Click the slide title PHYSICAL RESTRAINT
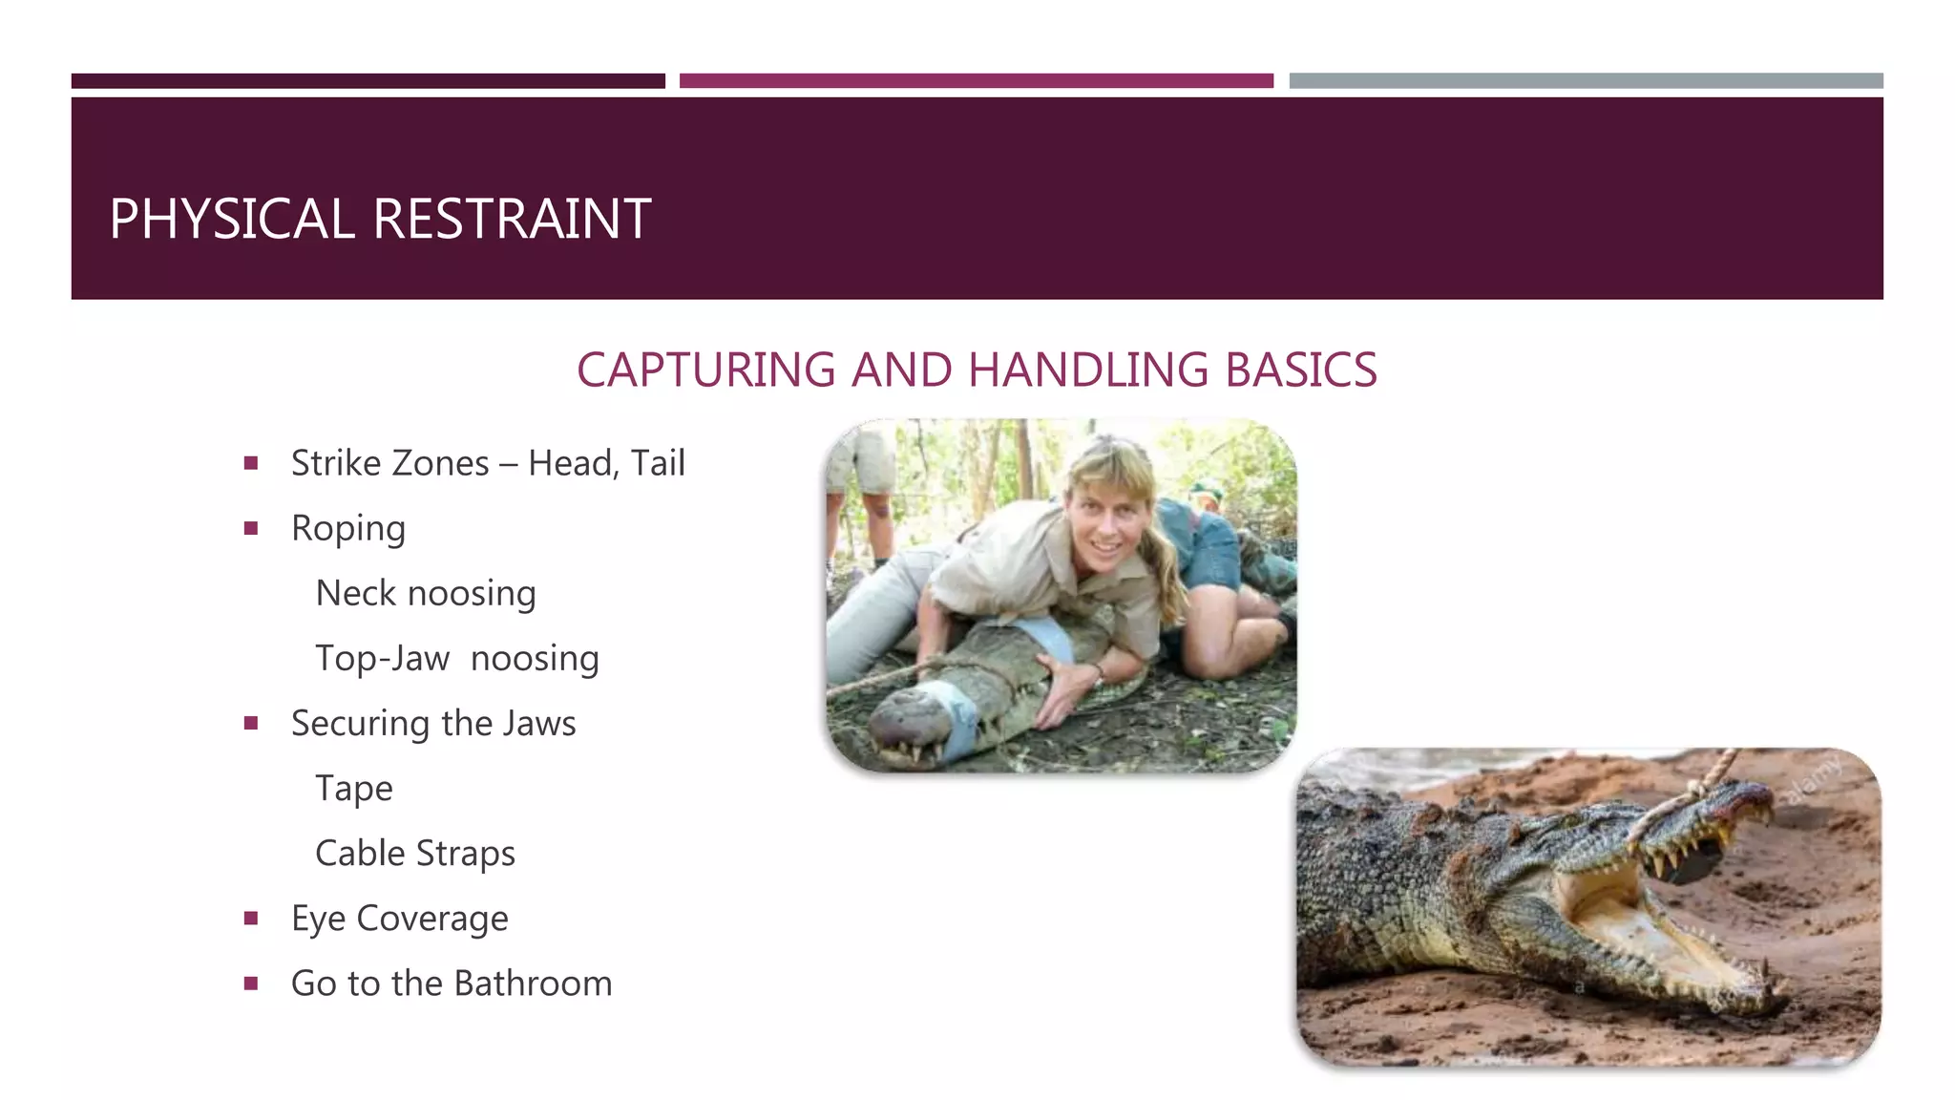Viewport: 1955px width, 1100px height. [x=380, y=219]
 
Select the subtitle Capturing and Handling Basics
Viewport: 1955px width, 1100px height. [x=977, y=370]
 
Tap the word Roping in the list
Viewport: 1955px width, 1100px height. [x=348, y=528]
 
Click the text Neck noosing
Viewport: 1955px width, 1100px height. [x=426, y=593]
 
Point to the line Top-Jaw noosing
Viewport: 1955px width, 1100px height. [x=457, y=658]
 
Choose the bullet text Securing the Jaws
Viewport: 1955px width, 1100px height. [x=433, y=723]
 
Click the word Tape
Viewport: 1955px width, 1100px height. [x=354, y=789]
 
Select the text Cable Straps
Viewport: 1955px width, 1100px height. [x=415, y=854]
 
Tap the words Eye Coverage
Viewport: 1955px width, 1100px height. [x=400, y=919]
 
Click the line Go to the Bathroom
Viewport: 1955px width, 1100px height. [x=452, y=984]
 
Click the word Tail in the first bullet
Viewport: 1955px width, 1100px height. [x=658, y=463]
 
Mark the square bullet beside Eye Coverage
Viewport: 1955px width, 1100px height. [x=251, y=919]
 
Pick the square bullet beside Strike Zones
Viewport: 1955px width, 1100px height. [x=251, y=463]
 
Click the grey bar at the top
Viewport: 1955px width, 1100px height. [x=1586, y=81]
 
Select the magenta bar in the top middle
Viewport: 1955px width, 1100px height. [x=976, y=81]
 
